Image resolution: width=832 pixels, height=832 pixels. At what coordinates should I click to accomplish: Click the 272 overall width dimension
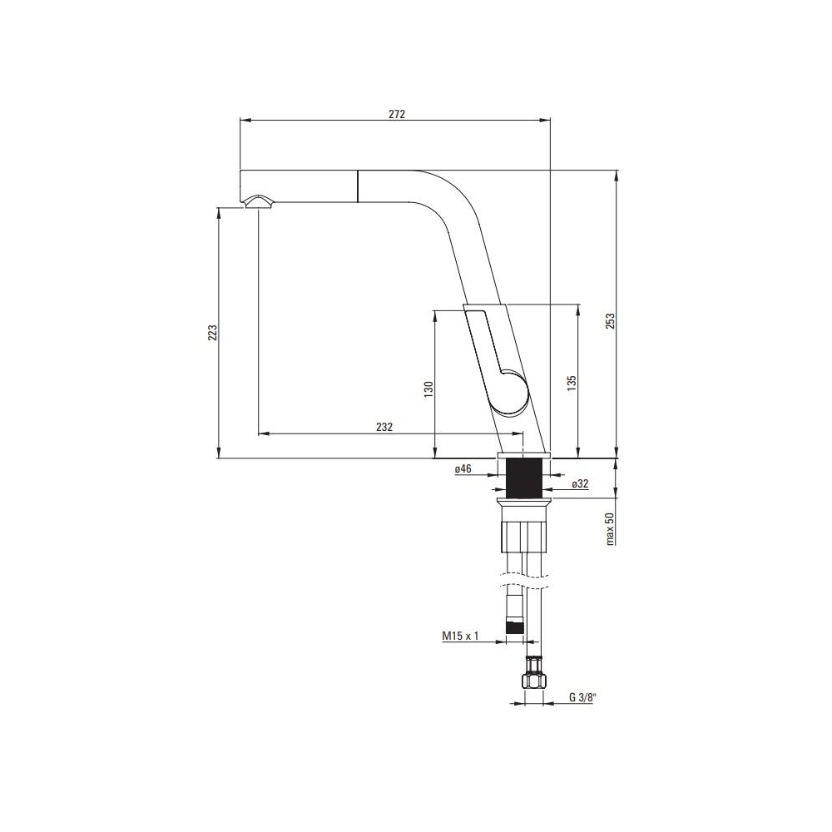(396, 114)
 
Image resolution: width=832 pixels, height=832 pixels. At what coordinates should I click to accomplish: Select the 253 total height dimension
(610, 321)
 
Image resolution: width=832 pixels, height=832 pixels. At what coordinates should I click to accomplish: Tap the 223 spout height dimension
(213, 332)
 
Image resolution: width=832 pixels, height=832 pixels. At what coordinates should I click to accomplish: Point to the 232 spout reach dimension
(384, 427)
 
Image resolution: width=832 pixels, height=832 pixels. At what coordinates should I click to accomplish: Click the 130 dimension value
(428, 389)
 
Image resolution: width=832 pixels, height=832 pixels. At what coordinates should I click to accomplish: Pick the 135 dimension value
(572, 384)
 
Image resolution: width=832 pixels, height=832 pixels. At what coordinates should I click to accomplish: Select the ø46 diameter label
(463, 468)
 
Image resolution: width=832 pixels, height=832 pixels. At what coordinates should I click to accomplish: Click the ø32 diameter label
(580, 484)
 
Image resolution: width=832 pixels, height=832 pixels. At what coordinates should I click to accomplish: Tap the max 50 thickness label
(610, 528)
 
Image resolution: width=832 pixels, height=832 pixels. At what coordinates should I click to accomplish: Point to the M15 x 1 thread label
(460, 636)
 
